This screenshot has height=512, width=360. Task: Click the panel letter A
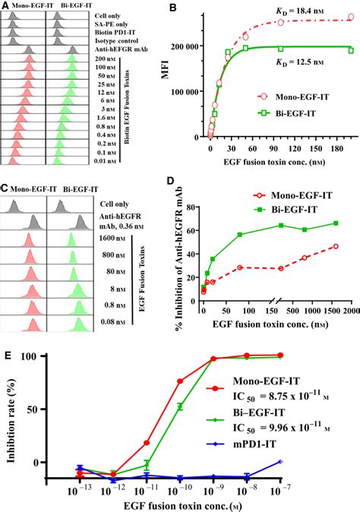[5, 6]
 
